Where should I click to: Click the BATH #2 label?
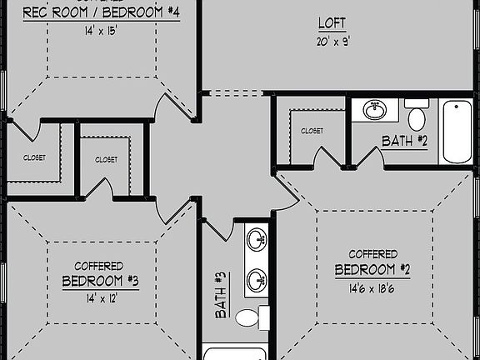click(x=404, y=141)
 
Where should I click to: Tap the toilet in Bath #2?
click(x=416, y=113)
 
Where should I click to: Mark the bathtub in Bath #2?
click(x=457, y=132)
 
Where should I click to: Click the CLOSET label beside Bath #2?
click(x=312, y=131)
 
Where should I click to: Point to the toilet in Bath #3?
click(x=249, y=317)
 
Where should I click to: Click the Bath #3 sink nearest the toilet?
click(x=257, y=280)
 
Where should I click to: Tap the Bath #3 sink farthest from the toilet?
click(x=257, y=240)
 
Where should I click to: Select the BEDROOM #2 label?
click(x=372, y=270)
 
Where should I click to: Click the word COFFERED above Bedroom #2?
click(x=372, y=253)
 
